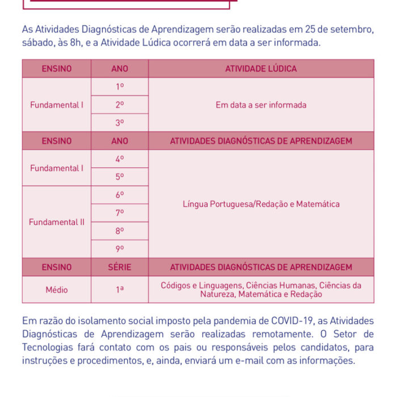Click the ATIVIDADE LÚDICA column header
pyautogui.click(x=261, y=69)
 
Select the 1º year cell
pyautogui.click(x=120, y=87)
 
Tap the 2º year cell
pyautogui.click(x=120, y=105)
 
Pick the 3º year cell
pyautogui.click(x=120, y=123)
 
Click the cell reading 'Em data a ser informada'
pyautogui.click(x=261, y=105)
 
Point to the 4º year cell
pyautogui.click(x=120, y=159)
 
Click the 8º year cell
pyautogui.click(x=120, y=231)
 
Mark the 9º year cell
pyautogui.click(x=120, y=249)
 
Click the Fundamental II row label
pyautogui.click(x=57, y=222)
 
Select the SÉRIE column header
pyautogui.click(x=120, y=267)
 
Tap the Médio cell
pyautogui.click(x=57, y=290)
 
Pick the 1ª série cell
pyautogui.click(x=120, y=290)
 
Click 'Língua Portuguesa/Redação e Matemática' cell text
pyautogui.click(x=261, y=204)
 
